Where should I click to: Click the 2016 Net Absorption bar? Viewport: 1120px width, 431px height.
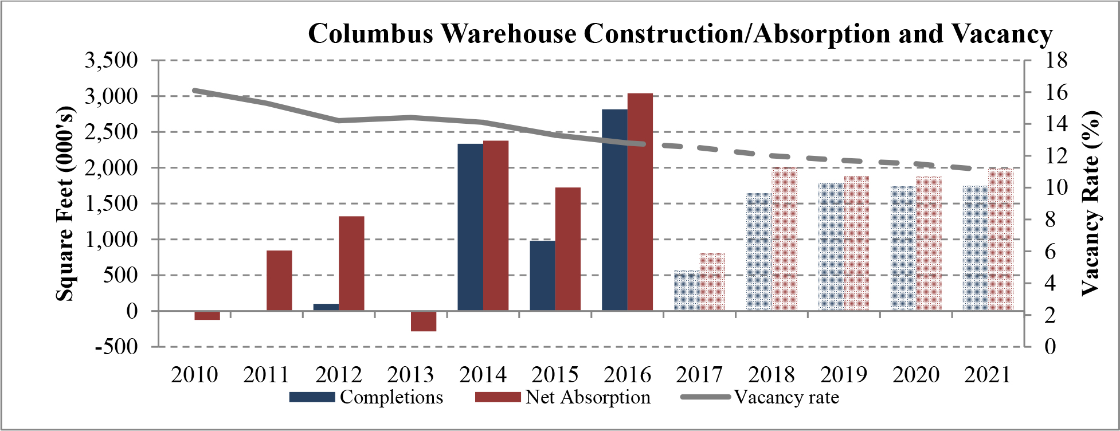coord(640,202)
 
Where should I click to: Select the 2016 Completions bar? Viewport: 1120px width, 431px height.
coord(614,210)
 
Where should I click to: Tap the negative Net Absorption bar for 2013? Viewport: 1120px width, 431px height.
coord(424,321)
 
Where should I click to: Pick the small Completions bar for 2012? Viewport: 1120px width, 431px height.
coord(326,307)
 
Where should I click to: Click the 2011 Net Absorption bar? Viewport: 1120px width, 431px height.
coord(279,281)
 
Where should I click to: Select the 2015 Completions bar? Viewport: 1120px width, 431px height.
coord(542,276)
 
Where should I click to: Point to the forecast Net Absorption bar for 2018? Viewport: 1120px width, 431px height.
coord(784,239)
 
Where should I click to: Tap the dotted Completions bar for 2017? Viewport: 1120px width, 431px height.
coord(687,291)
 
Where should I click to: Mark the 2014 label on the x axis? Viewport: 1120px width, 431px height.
coord(483,375)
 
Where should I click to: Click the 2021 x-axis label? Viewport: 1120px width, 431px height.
coord(987,375)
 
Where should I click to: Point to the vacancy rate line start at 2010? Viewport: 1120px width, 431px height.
coord(195,91)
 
